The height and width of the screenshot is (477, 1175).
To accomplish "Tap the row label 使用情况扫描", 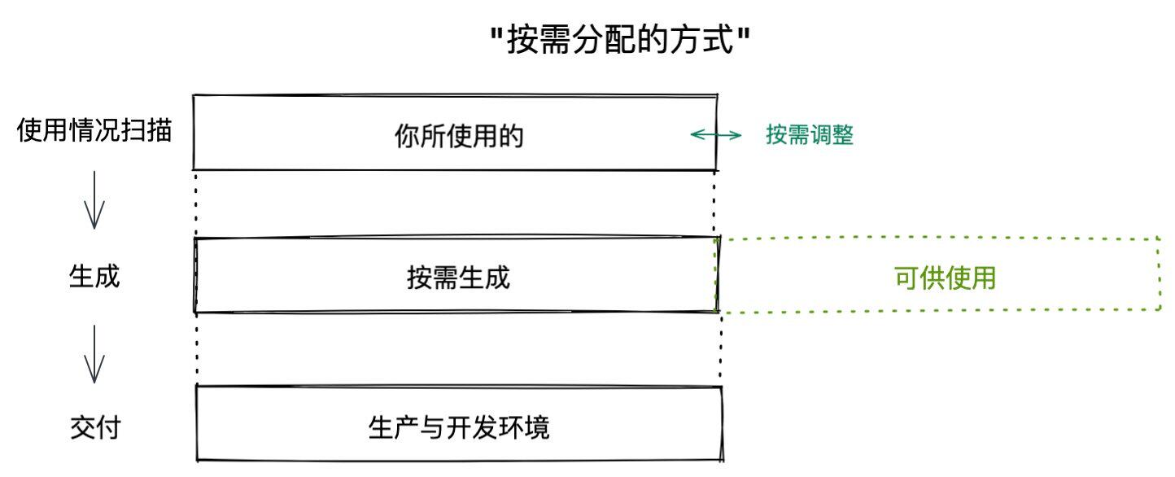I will [94, 130].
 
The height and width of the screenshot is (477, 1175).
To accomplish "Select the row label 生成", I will [94, 277].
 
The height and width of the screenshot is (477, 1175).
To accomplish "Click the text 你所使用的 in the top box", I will [459, 136].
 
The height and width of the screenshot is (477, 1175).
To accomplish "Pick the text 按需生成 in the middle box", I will [458, 278].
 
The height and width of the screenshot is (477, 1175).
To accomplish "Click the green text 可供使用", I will [945, 278].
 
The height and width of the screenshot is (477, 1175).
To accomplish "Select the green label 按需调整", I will [810, 135].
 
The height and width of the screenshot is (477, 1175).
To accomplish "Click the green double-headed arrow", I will [716, 135].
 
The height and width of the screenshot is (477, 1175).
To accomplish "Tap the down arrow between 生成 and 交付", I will [94, 354].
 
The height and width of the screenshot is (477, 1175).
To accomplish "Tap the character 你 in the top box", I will [407, 136].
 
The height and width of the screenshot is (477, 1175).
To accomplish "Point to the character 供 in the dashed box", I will [933, 278].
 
